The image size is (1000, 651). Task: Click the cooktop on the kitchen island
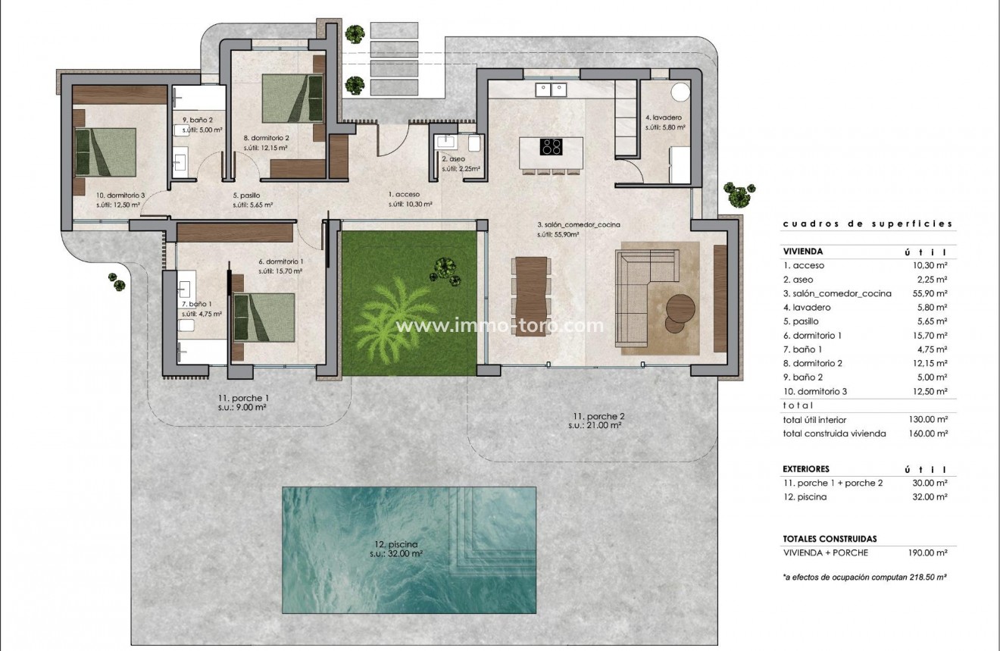tap(551, 146)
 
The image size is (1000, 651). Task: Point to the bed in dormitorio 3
tap(105, 152)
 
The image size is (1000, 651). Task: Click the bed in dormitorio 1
tap(263, 318)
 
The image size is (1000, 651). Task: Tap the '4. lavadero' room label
tap(664, 118)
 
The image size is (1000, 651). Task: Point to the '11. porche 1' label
tap(242, 398)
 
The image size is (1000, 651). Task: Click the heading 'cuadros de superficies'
tap(867, 224)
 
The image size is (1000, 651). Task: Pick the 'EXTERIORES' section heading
tap(806, 469)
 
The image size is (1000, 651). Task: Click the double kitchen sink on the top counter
tap(551, 90)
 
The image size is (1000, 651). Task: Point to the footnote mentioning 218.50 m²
tap(864, 577)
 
